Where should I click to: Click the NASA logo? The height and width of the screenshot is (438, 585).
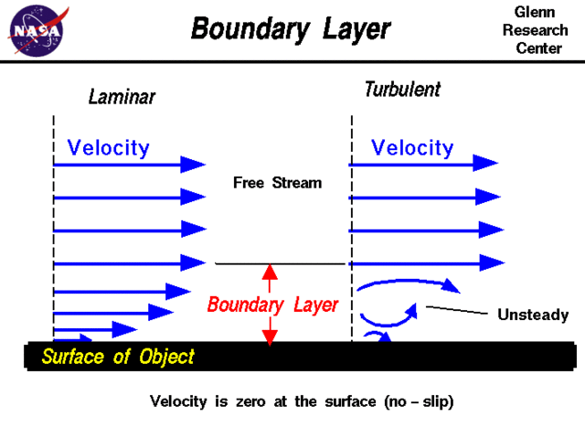coord(37,30)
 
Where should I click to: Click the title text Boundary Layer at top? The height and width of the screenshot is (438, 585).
coord(291,29)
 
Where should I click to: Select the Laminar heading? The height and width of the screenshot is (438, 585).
coord(122,96)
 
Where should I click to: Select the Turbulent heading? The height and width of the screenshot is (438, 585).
coord(402,90)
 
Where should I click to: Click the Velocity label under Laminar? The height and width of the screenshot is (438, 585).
coord(108,147)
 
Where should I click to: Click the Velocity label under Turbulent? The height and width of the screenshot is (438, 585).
coord(412,147)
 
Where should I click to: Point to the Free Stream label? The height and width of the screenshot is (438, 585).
coord(277,183)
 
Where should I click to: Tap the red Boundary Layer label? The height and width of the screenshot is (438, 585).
coord(272,304)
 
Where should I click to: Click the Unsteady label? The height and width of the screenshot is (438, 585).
coord(533,315)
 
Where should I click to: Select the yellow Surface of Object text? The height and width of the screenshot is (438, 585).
coord(118,357)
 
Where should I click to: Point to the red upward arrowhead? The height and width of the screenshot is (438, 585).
coord(270,272)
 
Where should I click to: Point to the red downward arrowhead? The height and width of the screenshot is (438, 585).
coord(270,337)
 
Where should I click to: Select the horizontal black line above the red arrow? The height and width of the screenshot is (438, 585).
coord(280,263)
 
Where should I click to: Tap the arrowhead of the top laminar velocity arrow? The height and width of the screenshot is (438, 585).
coord(194,164)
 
